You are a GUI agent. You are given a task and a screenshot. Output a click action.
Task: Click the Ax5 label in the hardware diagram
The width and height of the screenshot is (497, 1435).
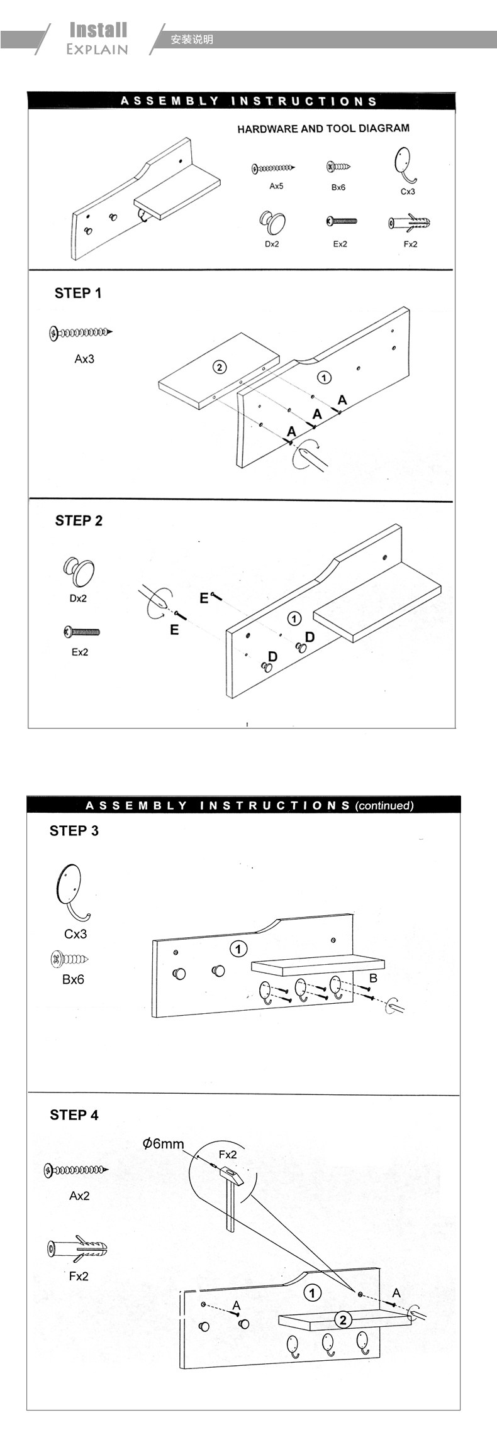click(276, 186)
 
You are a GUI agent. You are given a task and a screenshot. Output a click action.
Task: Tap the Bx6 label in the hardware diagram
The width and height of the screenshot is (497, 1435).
click(338, 187)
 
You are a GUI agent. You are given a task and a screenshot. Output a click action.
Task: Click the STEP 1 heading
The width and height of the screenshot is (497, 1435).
click(78, 293)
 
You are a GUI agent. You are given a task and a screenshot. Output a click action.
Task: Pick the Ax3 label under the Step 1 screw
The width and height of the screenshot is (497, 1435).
click(84, 359)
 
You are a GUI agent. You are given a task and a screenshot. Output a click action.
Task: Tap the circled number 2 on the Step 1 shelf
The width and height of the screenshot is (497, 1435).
click(219, 367)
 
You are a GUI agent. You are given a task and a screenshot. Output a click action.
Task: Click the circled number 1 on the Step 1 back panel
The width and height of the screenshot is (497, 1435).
click(323, 377)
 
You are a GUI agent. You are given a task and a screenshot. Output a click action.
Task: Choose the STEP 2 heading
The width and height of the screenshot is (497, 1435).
click(79, 520)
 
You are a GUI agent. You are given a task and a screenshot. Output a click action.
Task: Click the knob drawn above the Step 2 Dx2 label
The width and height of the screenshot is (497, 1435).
click(79, 571)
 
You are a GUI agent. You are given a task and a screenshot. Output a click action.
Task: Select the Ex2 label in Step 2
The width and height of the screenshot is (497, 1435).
click(79, 652)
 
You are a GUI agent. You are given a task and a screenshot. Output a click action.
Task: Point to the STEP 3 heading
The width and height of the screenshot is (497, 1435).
click(74, 830)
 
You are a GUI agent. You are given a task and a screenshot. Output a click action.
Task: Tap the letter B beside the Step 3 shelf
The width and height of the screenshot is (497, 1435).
click(373, 978)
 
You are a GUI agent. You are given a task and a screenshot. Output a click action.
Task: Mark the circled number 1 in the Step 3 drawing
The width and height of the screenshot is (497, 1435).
click(238, 948)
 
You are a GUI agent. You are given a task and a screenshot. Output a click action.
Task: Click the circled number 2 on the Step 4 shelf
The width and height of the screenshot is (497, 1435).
click(343, 1319)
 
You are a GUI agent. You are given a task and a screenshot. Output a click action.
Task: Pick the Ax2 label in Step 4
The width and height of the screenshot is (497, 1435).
click(79, 1196)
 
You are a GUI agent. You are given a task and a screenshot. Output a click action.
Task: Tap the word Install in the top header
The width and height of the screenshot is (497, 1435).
click(98, 30)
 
